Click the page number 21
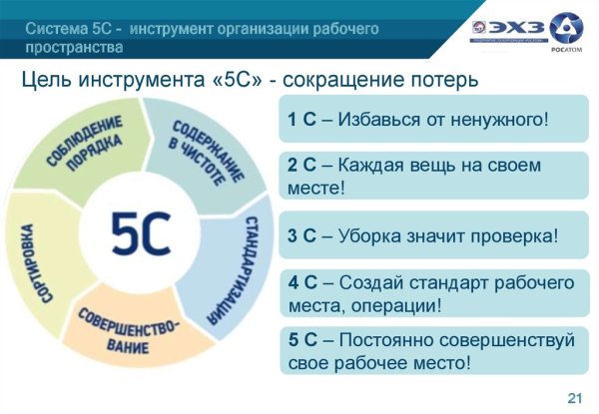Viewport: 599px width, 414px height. coord(574,399)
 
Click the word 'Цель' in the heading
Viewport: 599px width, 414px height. coord(46,79)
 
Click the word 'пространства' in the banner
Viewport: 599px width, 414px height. coord(75,47)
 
